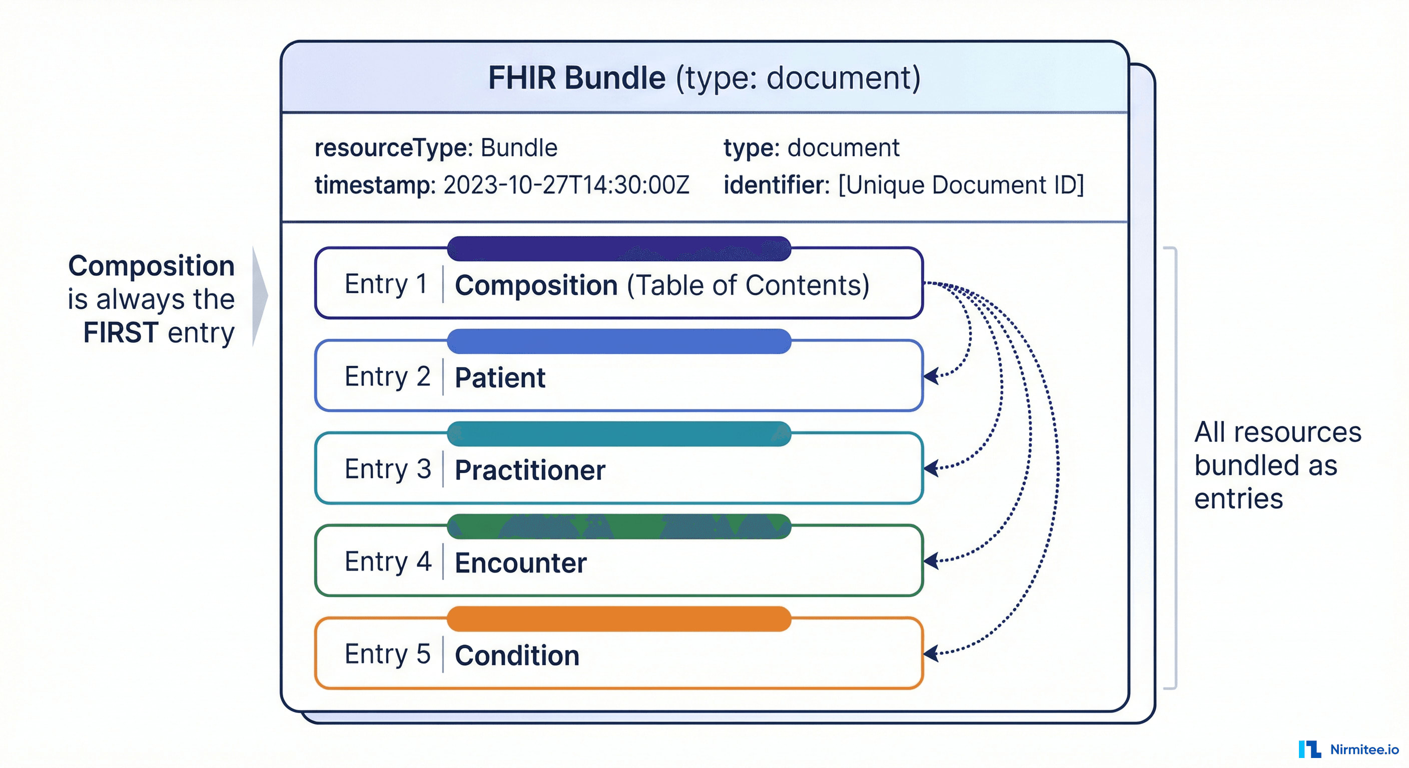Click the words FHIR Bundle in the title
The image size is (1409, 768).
(576, 77)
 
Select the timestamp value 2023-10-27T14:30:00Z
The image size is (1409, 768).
(566, 185)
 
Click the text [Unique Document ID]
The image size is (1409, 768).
(961, 185)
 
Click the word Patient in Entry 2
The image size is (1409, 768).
(500, 377)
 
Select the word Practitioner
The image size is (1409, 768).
(530, 470)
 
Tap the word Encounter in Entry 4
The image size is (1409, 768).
(521, 562)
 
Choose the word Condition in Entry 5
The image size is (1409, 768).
(517, 655)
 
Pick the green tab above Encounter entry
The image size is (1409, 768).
(618, 526)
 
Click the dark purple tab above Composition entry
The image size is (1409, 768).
(618, 248)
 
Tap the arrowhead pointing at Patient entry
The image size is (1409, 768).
(932, 376)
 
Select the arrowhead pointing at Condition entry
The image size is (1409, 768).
(932, 653)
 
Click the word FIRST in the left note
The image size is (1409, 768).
(121, 333)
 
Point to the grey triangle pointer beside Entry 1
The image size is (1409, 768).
(259, 295)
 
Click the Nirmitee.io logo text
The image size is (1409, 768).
(1364, 749)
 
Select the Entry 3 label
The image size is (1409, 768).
(388, 469)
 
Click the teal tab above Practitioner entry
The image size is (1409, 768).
(618, 434)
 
